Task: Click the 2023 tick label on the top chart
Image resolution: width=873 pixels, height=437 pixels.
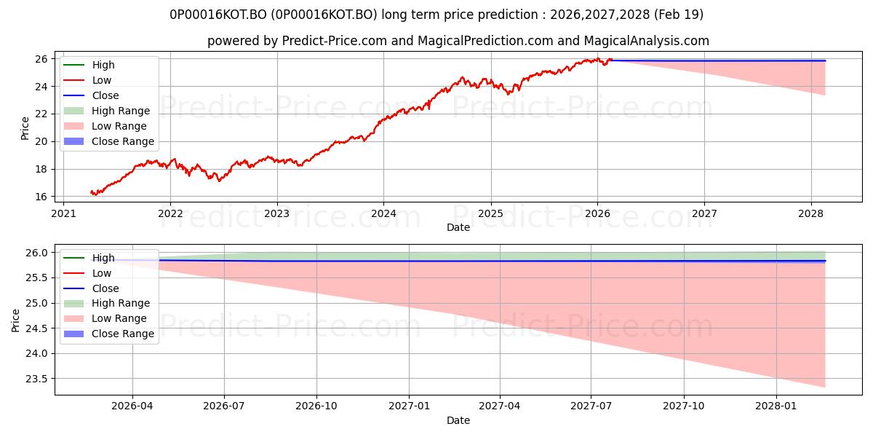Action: [x=276, y=214]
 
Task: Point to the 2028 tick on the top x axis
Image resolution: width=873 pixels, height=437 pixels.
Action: [x=810, y=214]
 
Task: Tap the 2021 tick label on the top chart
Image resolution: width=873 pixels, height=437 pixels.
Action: [x=63, y=214]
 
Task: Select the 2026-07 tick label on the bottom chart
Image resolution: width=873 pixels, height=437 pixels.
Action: [x=224, y=406]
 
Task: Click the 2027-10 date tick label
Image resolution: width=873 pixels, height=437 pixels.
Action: [x=684, y=406]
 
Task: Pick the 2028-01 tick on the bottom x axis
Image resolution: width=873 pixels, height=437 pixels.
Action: [x=776, y=406]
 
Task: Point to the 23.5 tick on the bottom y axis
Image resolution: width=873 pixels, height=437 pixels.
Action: [x=37, y=379]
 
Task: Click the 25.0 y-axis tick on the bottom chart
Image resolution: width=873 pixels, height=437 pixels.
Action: [x=37, y=303]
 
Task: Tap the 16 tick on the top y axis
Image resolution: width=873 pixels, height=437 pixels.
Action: [x=41, y=197]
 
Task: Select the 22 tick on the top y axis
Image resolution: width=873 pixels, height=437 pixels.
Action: [x=41, y=114]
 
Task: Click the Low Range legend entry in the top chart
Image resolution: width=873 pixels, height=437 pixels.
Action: [x=105, y=126]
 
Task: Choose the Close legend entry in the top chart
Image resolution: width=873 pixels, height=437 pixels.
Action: [x=91, y=95]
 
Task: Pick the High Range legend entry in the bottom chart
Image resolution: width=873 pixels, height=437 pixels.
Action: [x=107, y=303]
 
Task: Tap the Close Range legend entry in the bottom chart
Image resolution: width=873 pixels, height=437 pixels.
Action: [x=108, y=334]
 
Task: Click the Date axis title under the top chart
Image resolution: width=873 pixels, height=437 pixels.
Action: [x=458, y=227]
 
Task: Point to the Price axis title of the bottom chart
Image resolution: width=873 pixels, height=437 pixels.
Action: [x=15, y=320]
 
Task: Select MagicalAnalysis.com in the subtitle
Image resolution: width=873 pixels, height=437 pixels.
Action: [x=646, y=41]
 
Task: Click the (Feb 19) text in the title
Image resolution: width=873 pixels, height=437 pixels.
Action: [x=679, y=15]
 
